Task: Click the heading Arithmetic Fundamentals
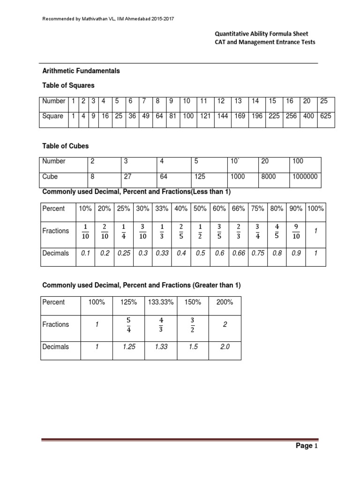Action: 81,71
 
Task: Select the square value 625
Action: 325,116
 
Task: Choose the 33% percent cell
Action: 162,208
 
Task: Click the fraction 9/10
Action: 295,231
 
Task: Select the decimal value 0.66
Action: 239,253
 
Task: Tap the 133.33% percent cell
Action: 161,302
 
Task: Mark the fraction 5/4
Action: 128,324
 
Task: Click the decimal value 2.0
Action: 225,347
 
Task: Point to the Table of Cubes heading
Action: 66,145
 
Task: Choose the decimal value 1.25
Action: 128,347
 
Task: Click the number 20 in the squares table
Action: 308,101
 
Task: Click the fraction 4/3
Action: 161,324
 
